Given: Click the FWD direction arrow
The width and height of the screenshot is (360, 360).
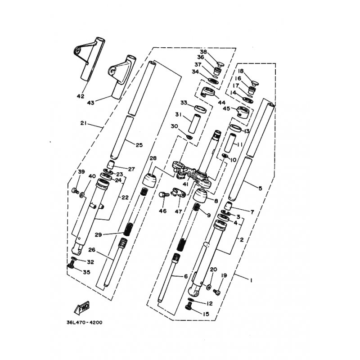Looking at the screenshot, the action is pos(82,308).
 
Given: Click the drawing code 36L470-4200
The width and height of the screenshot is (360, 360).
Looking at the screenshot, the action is pos(85,322).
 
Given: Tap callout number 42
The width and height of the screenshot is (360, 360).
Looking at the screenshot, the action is pos(81,96).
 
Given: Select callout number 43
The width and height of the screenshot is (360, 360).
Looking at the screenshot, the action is pos(90,103).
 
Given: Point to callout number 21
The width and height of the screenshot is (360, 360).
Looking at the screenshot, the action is pos(83,123).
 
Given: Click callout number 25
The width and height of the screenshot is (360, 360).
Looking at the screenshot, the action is pos(139,145).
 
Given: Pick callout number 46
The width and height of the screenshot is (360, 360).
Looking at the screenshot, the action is pos(163,211).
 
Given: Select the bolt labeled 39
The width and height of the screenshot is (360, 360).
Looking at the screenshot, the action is pos(75,190).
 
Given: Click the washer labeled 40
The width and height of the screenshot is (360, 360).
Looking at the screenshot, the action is pos(82,195).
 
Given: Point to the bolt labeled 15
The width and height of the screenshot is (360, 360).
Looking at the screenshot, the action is pos(188,306).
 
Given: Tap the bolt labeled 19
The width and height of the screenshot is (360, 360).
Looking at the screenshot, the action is pos(217,292).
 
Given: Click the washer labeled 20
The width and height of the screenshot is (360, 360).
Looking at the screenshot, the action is pos(209,287).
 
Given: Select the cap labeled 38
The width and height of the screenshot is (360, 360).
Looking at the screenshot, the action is pos(220,64).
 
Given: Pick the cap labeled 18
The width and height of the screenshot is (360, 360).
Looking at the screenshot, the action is pos(255,83).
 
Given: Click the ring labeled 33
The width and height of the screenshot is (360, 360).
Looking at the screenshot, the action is pos(200,109).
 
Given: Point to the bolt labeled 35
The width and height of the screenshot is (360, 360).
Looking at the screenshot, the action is pos(71,266).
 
